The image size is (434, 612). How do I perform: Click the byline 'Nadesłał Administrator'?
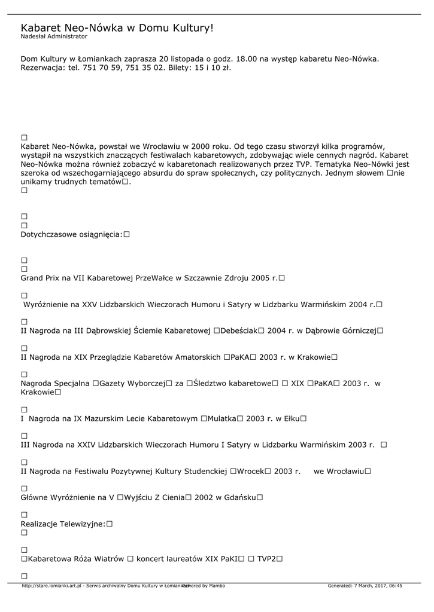coord(54,36)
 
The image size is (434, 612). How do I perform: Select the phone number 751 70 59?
coord(112,68)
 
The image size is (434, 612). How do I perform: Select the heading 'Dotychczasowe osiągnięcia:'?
coord(71,234)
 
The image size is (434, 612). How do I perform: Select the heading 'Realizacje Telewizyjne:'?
coord(63,524)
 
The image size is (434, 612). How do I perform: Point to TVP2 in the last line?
coord(266,559)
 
